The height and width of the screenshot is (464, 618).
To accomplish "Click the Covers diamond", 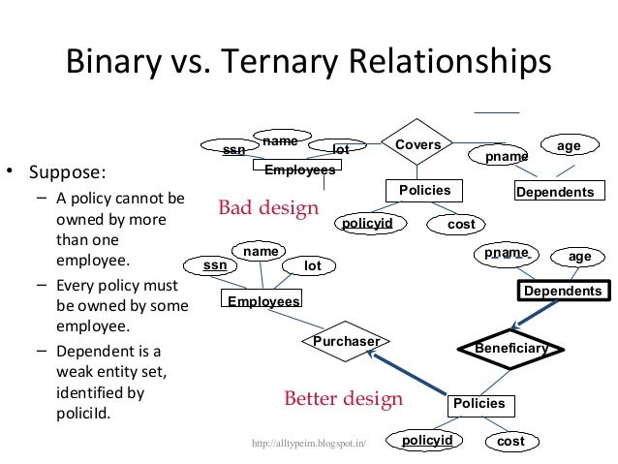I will pyautogui.click(x=417, y=145).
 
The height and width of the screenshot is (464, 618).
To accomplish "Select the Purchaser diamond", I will pyautogui.click(x=346, y=341).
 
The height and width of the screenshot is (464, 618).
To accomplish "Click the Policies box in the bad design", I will pyautogui.click(x=425, y=191).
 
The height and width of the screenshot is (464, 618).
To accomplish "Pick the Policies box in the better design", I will pyautogui.click(x=479, y=403).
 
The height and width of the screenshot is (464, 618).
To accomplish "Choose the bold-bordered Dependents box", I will pyautogui.click(x=563, y=291).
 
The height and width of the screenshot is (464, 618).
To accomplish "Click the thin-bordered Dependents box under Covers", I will pyautogui.click(x=555, y=193).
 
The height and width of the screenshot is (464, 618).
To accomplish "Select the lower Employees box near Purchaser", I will pyautogui.click(x=263, y=301).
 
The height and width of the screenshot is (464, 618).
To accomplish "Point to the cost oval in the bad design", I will pyautogui.click(x=462, y=225).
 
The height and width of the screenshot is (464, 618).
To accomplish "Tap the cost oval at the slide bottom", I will pyautogui.click(x=510, y=442).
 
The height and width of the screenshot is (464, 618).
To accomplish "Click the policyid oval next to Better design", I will pyautogui.click(x=427, y=442).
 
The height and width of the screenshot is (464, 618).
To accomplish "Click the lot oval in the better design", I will pyautogui.click(x=312, y=265).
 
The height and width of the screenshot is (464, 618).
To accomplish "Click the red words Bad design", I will pyautogui.click(x=268, y=208).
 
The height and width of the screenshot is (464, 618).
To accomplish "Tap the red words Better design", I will pyautogui.click(x=343, y=399).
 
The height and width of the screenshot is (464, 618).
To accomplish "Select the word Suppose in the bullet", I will pyautogui.click(x=67, y=175).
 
